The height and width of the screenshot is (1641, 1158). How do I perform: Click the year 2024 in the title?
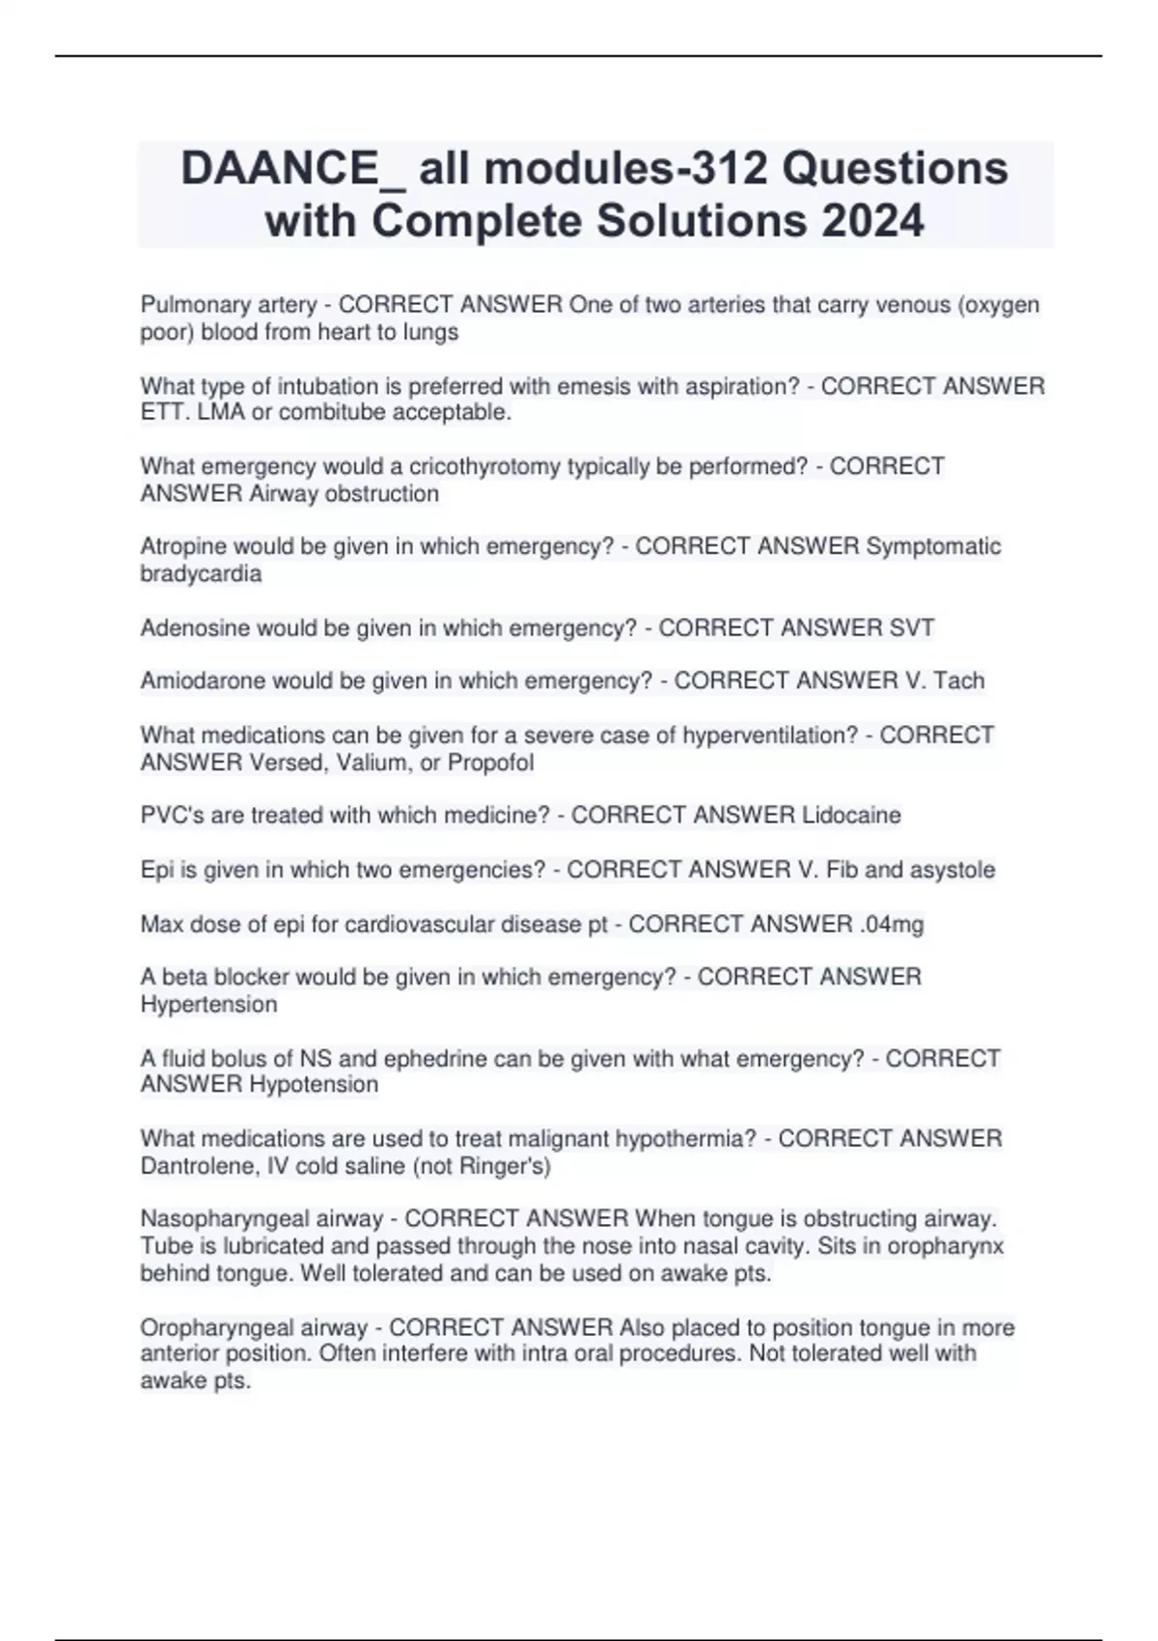(x=872, y=221)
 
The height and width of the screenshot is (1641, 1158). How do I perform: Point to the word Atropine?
(x=183, y=547)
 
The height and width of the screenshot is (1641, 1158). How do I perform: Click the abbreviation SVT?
(x=910, y=628)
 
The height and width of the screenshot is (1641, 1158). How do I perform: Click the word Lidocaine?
(x=851, y=816)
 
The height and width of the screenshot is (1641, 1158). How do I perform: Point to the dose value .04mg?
(x=891, y=925)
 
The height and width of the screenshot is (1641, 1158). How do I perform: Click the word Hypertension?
(x=208, y=1005)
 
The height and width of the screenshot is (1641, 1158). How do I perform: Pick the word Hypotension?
(x=314, y=1085)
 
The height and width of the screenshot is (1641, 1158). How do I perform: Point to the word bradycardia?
(x=201, y=574)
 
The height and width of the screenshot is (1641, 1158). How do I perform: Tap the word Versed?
(x=285, y=763)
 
